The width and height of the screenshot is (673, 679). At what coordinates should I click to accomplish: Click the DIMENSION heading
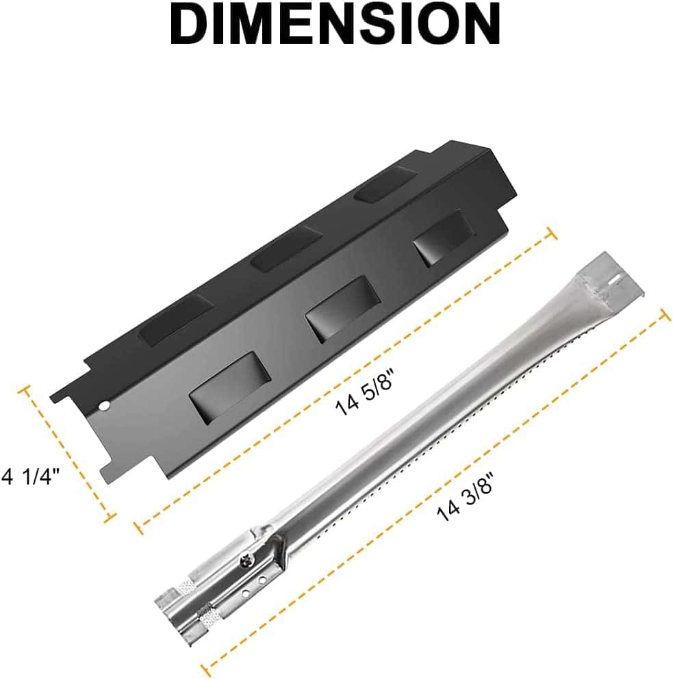(335, 24)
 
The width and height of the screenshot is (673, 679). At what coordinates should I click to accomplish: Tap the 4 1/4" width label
(30, 476)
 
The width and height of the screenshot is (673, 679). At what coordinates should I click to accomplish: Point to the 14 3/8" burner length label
(465, 496)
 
